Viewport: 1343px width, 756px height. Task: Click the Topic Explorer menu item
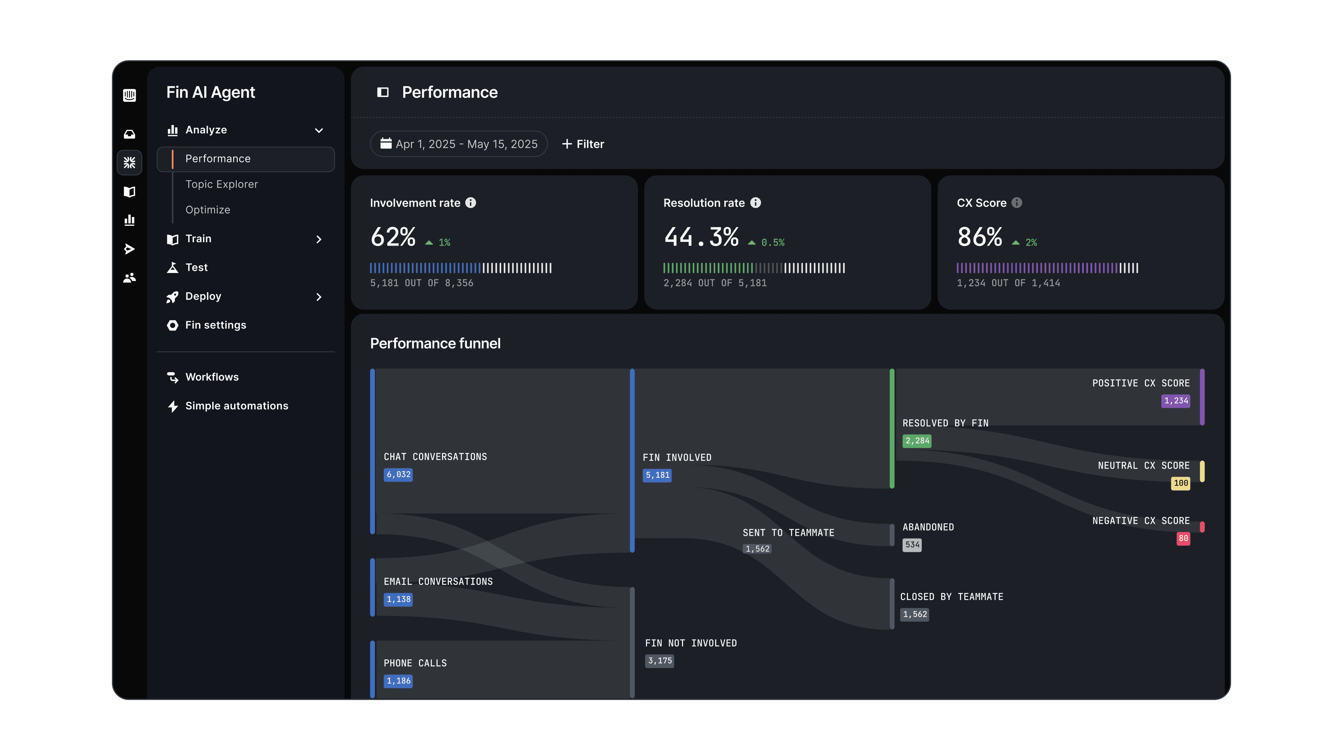pos(222,184)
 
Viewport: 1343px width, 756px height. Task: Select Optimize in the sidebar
pos(207,210)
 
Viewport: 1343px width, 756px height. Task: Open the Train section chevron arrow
pos(319,239)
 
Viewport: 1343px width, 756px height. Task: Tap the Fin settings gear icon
pos(172,325)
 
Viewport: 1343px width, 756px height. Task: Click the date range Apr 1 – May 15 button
pos(459,144)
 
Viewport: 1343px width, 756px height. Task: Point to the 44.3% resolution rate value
pos(701,237)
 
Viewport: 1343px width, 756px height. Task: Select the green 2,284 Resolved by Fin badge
pos(917,441)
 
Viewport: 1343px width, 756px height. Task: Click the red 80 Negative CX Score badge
pos(1183,538)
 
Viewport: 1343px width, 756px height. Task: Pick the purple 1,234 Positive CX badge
pos(1175,401)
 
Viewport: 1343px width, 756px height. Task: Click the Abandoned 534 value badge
pos(912,545)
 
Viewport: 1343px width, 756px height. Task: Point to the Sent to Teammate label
pos(788,533)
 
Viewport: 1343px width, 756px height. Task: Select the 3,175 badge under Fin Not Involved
pos(660,661)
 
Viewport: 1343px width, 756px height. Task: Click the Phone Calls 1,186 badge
pos(398,681)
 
